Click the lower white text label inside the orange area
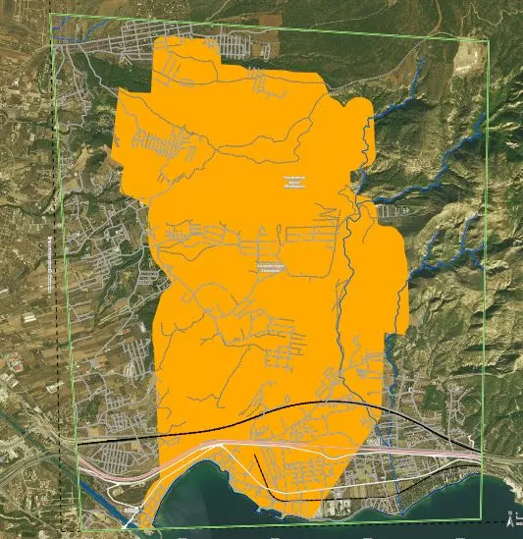pyautogui.click(x=272, y=266)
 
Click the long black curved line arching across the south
pyautogui.click(x=294, y=404)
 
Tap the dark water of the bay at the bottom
pyautogui.click(x=216, y=511)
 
